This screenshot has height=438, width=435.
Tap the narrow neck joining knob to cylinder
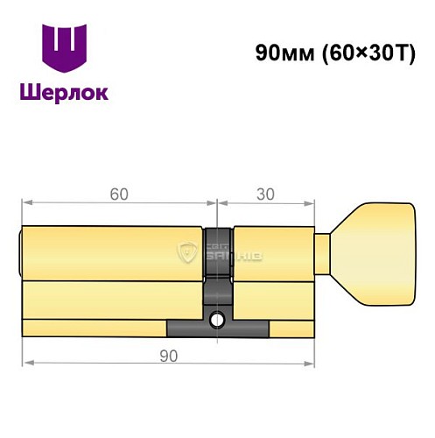click(323, 255)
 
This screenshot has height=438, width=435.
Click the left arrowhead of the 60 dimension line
click(26, 203)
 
